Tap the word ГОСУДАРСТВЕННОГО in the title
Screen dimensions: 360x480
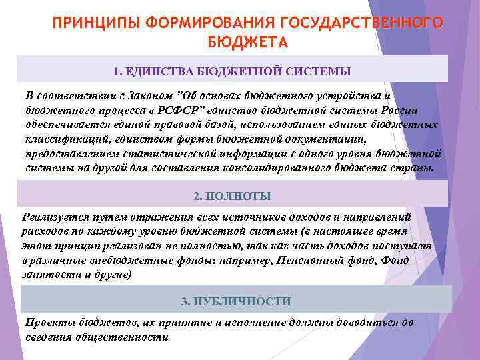363,23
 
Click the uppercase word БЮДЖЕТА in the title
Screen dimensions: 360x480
247,43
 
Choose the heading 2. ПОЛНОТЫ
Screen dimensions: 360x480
232,197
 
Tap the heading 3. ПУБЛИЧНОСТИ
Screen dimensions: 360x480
237,301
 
